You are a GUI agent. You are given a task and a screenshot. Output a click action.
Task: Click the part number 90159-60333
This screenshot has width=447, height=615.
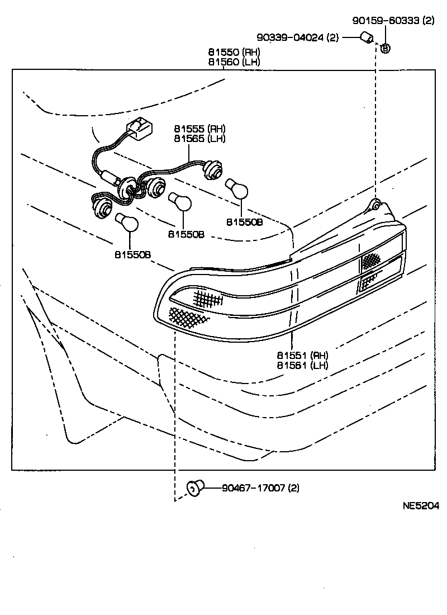393,21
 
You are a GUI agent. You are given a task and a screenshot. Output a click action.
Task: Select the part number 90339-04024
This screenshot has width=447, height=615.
298,38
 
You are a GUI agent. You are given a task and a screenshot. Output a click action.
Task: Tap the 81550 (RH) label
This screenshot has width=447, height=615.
234,53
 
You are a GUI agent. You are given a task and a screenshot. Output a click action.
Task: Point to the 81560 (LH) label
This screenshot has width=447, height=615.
234,62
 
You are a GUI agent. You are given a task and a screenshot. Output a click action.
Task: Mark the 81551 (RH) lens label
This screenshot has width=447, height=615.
302,356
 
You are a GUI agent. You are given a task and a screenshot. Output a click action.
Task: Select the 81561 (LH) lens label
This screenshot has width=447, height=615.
302,365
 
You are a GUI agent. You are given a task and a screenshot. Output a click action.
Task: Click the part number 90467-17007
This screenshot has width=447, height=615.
260,488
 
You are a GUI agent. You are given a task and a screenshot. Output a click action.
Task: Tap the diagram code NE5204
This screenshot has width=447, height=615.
421,506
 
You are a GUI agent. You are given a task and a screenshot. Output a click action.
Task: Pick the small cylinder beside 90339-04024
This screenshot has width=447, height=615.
366,38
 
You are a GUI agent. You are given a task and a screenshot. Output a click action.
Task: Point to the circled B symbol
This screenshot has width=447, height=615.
385,49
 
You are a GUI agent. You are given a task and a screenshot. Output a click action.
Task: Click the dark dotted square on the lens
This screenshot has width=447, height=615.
370,260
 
